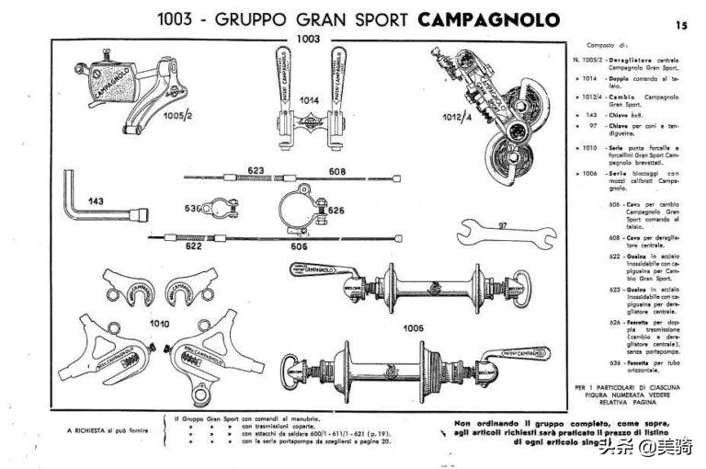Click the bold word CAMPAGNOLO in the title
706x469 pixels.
(487, 19)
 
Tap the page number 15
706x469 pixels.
(681, 26)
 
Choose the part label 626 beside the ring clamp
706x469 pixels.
(335, 210)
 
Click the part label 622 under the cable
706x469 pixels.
(194, 246)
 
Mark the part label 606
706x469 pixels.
(299, 246)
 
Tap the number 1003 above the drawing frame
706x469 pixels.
(307, 39)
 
